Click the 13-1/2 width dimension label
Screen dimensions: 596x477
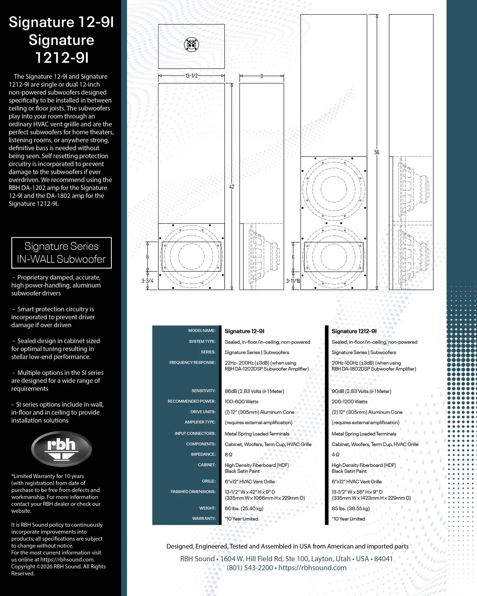click(x=191, y=76)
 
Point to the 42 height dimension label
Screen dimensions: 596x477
click(x=232, y=187)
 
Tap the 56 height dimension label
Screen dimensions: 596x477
click(x=377, y=152)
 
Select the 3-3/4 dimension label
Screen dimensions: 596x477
click(x=148, y=281)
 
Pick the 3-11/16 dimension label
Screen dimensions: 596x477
click(x=293, y=281)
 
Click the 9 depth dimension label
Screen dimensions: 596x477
click(x=262, y=76)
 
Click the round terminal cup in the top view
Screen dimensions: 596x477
click(x=191, y=44)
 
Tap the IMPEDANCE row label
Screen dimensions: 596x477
click(x=203, y=454)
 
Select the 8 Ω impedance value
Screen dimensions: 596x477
click(x=229, y=454)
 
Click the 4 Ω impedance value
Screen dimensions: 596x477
click(x=335, y=454)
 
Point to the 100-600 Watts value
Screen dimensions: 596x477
click(x=242, y=402)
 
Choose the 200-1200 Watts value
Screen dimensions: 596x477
click(x=349, y=402)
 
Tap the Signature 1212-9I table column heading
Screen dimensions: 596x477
click(x=354, y=331)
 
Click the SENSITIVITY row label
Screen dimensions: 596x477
click(x=203, y=391)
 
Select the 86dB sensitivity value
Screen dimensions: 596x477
click(x=254, y=391)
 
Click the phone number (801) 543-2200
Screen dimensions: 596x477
click(x=250, y=568)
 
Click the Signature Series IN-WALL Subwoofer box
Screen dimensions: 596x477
click(x=61, y=253)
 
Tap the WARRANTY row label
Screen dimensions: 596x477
click(x=204, y=518)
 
